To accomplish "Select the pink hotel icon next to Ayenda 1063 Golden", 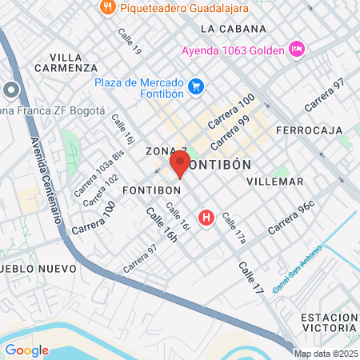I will [297, 50].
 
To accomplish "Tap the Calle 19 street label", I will [129, 42].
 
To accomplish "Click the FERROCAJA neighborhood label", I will [308, 130].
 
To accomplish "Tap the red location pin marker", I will [179, 164].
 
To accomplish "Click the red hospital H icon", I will [207, 217].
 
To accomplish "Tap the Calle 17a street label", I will [234, 228].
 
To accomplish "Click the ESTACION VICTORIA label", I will [329, 322].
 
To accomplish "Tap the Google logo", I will [26, 350].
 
